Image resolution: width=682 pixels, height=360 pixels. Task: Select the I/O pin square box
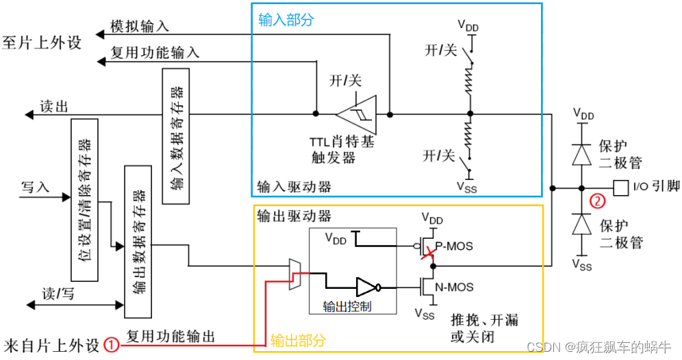click(x=620, y=186)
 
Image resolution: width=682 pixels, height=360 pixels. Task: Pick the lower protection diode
click(x=581, y=224)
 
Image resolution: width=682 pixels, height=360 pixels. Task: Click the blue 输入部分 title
click(x=286, y=20)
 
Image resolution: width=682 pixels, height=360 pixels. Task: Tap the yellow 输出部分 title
click(x=297, y=340)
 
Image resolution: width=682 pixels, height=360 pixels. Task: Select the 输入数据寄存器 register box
click(x=176, y=136)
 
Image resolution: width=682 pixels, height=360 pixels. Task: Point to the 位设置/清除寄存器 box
click(x=84, y=199)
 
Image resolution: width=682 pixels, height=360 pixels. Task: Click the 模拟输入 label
click(x=140, y=27)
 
